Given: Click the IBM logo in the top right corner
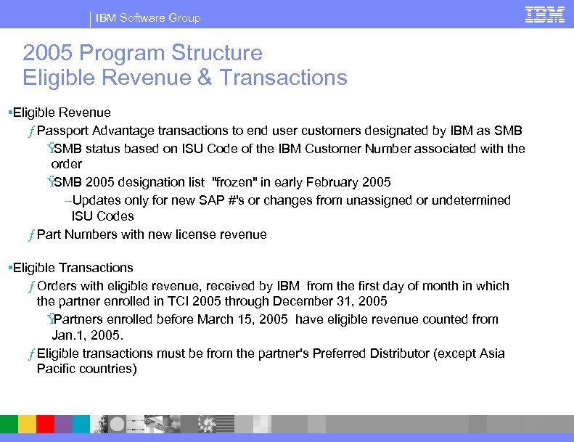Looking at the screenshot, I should (545, 15).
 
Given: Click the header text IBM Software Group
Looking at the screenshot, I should (148, 17).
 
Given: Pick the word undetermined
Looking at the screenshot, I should (471, 200).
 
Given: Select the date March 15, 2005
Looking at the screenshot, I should (245, 319).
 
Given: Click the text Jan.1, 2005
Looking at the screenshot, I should (88, 335).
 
